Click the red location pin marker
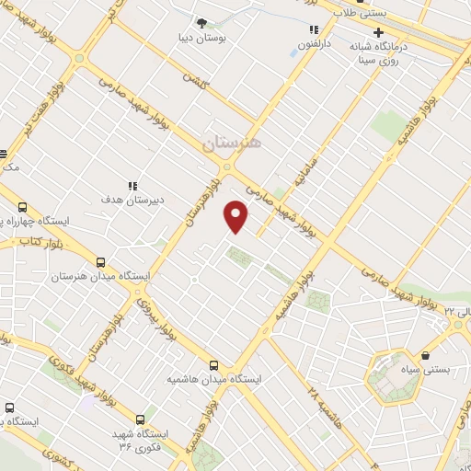coord(236,216)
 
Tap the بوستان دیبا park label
coord(201,40)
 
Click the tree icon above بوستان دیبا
coord(201,22)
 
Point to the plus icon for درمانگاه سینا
coord(378,31)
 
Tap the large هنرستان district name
coord(231,143)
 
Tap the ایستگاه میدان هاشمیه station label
coord(215,379)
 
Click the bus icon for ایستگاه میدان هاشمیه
coord(214,364)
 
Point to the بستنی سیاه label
coord(426,370)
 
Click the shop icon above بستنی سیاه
coord(426,355)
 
